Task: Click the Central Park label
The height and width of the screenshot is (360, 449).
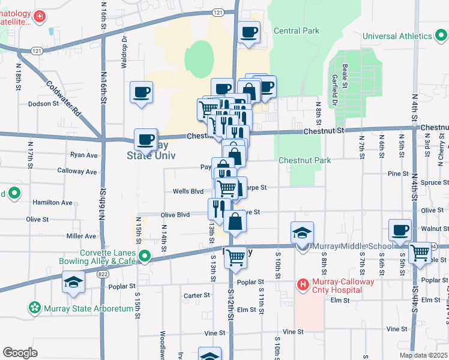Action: click(296, 31)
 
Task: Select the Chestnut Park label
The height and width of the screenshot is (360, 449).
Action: click(304, 160)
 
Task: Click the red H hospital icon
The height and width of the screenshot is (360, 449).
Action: click(303, 283)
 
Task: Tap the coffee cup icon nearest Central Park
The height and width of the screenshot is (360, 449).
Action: click(248, 32)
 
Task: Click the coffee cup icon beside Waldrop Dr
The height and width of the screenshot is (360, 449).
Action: click(141, 92)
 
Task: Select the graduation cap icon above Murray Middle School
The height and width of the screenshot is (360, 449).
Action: click(302, 233)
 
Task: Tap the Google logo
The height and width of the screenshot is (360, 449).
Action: click(20, 352)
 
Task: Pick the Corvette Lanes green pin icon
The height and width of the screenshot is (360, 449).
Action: click(144, 257)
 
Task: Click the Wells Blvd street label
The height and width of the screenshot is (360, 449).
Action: click(188, 191)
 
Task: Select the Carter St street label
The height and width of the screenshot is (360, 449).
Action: click(196, 295)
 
